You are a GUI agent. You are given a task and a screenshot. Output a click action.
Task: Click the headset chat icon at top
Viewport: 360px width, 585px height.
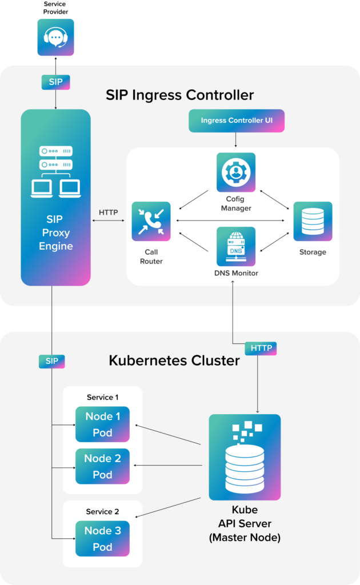click(55, 38)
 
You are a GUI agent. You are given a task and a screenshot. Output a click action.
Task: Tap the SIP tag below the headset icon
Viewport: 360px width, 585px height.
click(55, 82)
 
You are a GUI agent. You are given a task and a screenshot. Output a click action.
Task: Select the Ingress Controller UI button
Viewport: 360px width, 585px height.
click(235, 121)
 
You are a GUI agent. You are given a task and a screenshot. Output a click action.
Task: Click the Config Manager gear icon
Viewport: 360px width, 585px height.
click(236, 172)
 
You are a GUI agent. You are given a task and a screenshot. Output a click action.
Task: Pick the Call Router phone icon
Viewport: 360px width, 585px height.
click(151, 221)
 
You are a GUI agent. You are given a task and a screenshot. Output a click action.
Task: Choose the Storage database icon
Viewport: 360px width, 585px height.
click(313, 221)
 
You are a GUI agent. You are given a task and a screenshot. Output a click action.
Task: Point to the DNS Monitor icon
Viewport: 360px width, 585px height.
click(236, 246)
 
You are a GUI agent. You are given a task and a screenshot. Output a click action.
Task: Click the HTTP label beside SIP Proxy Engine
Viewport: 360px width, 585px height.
click(108, 213)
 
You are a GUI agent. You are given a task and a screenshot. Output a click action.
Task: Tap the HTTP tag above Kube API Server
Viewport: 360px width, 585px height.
click(261, 348)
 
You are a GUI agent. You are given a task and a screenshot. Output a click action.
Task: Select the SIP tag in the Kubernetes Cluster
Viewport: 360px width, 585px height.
click(52, 361)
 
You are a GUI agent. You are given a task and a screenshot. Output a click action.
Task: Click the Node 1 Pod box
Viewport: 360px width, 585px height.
click(103, 424)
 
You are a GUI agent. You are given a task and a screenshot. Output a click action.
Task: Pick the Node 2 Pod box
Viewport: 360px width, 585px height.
click(103, 466)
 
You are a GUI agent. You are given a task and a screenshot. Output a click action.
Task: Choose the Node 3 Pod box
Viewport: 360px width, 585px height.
click(103, 539)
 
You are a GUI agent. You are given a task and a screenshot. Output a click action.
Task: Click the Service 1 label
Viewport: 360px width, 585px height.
click(103, 397)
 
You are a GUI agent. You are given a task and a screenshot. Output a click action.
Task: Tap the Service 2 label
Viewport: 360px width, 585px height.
click(103, 511)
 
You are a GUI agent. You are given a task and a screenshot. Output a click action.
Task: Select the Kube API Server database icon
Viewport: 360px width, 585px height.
click(245, 458)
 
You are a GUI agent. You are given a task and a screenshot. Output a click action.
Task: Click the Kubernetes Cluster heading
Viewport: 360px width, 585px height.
click(174, 360)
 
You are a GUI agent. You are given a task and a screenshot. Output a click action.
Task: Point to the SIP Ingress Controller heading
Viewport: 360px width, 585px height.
click(179, 94)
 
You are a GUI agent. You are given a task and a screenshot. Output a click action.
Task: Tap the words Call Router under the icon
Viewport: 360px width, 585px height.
click(151, 257)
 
